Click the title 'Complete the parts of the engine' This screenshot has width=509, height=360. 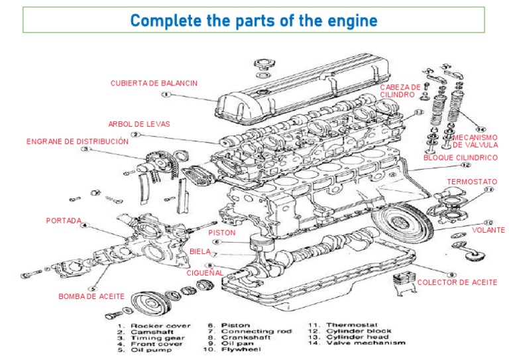[254, 20]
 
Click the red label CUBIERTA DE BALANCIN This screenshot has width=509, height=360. [154, 83]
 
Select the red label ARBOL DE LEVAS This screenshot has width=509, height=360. [139, 124]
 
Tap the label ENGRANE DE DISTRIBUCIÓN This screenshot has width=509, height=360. [77, 141]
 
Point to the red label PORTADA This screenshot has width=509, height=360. [64, 220]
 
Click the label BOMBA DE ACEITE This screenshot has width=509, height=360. [91, 296]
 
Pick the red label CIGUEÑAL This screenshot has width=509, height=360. [204, 272]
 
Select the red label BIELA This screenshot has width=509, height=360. [199, 252]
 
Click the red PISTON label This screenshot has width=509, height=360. [221, 233]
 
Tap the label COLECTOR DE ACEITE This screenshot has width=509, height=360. [457, 282]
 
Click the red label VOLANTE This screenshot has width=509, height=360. [488, 230]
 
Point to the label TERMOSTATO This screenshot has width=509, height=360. [472, 181]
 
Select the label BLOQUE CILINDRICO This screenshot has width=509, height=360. [460, 158]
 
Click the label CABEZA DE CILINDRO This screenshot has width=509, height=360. [400, 91]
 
